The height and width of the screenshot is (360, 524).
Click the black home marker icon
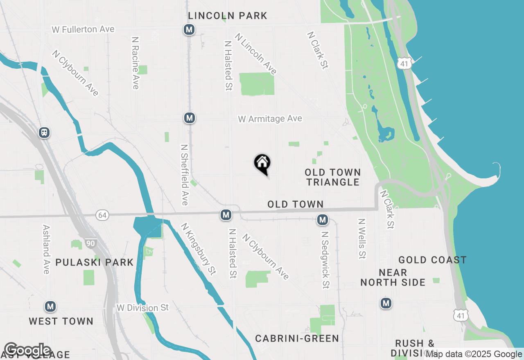pyautogui.click(x=262, y=164)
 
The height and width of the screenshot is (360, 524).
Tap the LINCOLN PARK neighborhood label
pyautogui.click(x=228, y=16)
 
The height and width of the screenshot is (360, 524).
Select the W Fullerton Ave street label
pyautogui.click(x=83, y=29)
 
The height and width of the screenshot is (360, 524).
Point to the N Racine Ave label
pyautogui.click(x=136, y=63)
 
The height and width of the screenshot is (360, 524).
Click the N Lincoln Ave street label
pyautogui.click(x=256, y=54)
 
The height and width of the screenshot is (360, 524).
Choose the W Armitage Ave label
pyautogui.click(x=270, y=119)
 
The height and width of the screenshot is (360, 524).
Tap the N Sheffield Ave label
pyautogui.click(x=185, y=175)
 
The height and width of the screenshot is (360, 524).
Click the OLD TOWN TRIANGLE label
pyautogui.click(x=333, y=177)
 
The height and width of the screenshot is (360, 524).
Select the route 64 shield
pyautogui.click(x=102, y=215)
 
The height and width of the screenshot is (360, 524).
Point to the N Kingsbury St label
pyautogui.click(x=198, y=249)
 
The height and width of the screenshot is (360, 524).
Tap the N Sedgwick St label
pyautogui.click(x=325, y=260)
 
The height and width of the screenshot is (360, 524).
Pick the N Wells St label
pyautogui.click(x=361, y=239)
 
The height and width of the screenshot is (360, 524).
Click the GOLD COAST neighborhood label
pyautogui.click(x=432, y=260)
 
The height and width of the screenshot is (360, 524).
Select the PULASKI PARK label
pyautogui.click(x=95, y=263)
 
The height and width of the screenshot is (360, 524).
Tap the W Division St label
pyautogui.click(x=142, y=308)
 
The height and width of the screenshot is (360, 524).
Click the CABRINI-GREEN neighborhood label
pyautogui.click(x=297, y=339)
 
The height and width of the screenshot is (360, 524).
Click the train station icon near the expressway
pyautogui.click(x=44, y=133)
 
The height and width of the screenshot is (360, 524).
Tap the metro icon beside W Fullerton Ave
pyautogui.click(x=189, y=29)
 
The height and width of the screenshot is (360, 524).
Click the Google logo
pyautogui.click(x=27, y=350)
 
